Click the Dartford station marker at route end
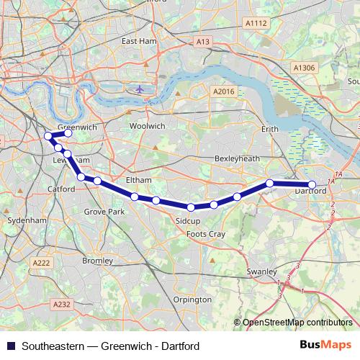(x=312, y=185)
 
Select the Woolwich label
(x=147, y=126)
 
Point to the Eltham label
(x=138, y=179)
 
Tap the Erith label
(x=269, y=129)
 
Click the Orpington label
(x=193, y=299)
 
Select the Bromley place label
(x=97, y=260)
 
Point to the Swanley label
(x=262, y=271)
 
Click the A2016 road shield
(x=224, y=91)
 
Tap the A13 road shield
(x=202, y=43)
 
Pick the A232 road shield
(x=62, y=305)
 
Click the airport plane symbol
(x=139, y=89)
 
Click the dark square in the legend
(x=10, y=346)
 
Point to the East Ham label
(x=139, y=42)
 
